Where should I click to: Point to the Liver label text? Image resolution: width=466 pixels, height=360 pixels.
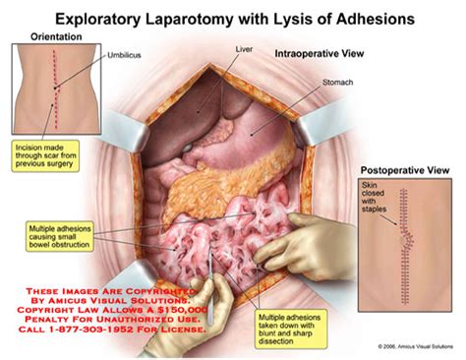(x=245, y=47)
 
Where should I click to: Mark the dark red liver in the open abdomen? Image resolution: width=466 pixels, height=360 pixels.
(x=211, y=98)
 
